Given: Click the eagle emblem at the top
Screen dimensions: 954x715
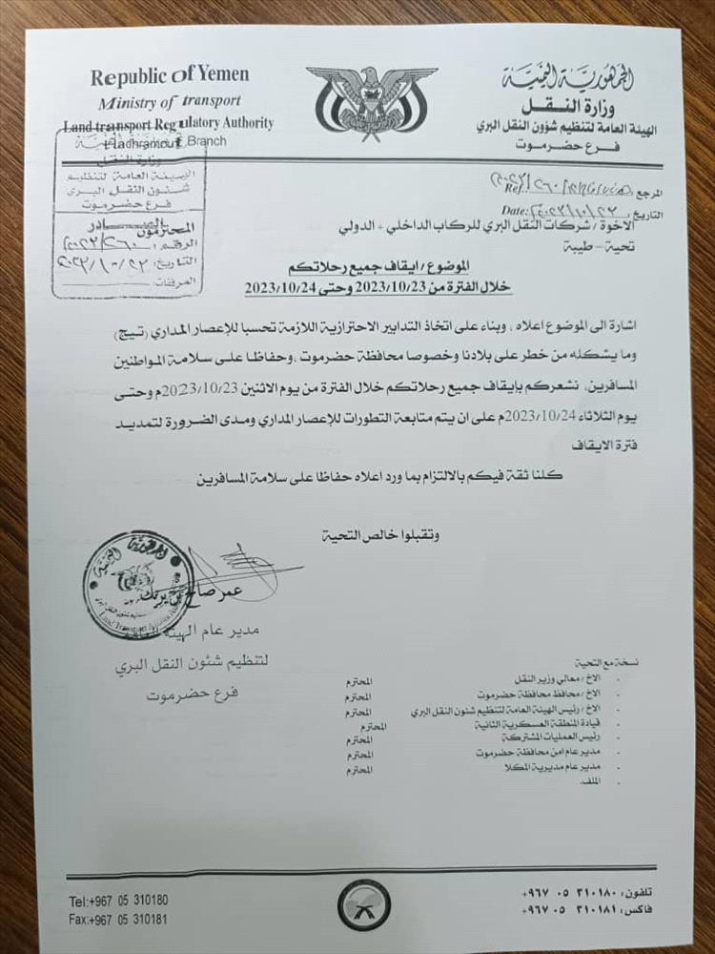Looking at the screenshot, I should tap(371, 100).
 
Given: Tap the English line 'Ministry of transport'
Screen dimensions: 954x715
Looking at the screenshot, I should tap(168, 101).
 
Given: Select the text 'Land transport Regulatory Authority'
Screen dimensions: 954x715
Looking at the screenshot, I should tap(168, 123).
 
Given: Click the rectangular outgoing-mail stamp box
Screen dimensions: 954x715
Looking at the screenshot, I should tap(129, 215).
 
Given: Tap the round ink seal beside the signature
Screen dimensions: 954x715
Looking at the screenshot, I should tap(138, 585).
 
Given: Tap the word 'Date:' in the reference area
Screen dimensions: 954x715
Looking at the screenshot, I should tap(517, 209).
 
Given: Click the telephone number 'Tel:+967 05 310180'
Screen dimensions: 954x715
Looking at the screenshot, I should tap(118, 901).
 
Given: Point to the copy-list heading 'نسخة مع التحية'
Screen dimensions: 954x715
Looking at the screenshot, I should tap(594, 661).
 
